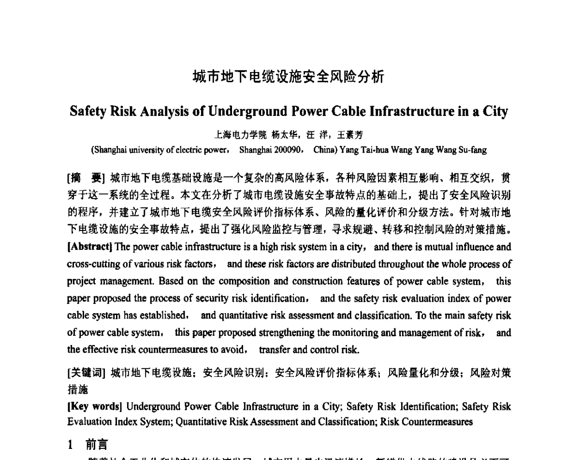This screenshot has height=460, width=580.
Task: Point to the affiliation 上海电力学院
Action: click(x=234, y=135)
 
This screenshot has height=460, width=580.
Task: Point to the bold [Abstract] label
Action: click(x=90, y=247)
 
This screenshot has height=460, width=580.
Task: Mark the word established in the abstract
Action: click(x=162, y=316)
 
